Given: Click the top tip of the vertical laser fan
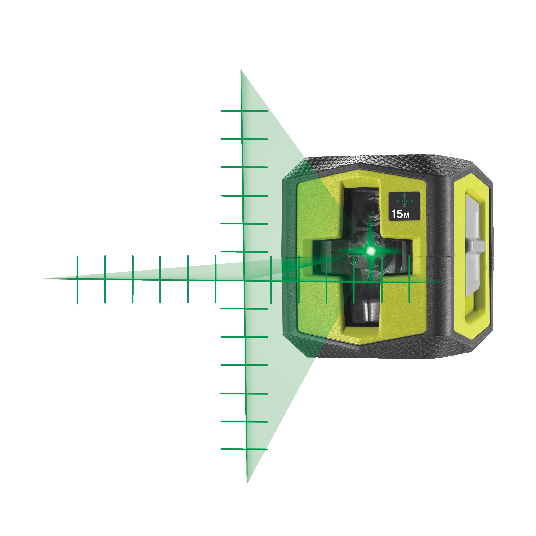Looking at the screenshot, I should [x=241, y=71].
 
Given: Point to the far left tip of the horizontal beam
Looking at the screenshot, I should [x=42, y=278].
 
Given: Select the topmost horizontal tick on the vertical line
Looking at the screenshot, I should [x=244, y=111].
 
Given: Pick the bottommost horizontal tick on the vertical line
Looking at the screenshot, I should [x=244, y=449].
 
